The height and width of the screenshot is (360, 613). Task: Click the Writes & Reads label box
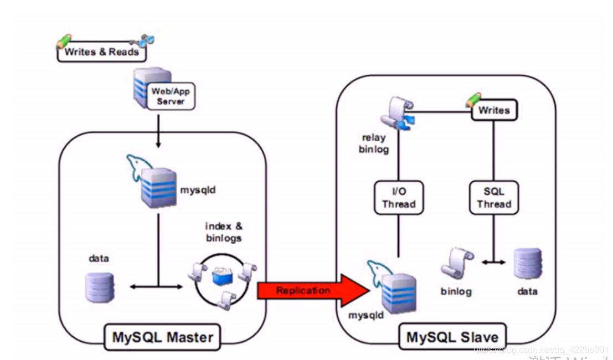[x=101, y=53]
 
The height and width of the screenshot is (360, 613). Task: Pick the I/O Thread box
[x=398, y=198]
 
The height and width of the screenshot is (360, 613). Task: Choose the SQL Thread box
[x=494, y=198]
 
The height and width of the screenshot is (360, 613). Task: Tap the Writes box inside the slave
[x=493, y=110]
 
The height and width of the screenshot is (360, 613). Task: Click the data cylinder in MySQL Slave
[x=527, y=263]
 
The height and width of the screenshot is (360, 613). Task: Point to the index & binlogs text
[x=224, y=232]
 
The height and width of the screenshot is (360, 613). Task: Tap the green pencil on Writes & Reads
[x=64, y=41]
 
